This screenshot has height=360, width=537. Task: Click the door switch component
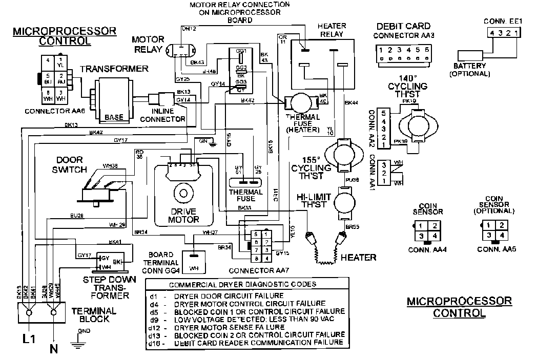(x=100, y=190)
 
